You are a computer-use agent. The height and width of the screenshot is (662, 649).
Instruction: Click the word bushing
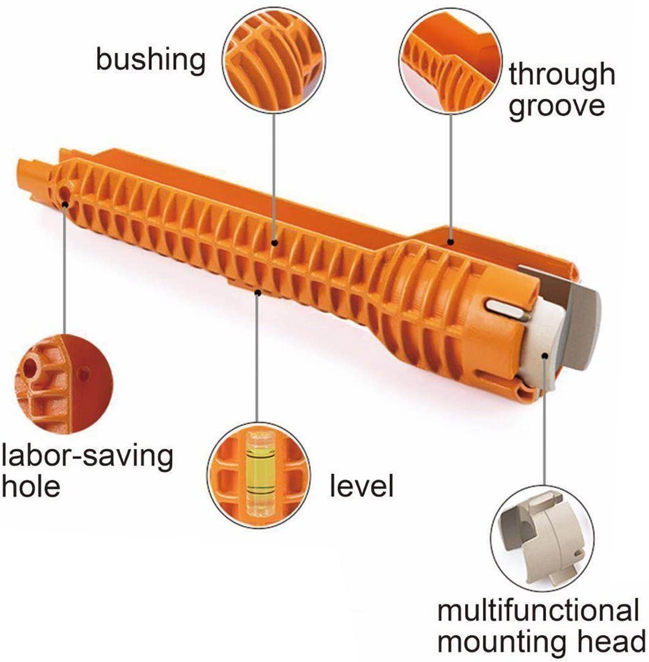coord(151,61)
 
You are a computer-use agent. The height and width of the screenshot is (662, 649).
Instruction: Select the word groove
coord(557,107)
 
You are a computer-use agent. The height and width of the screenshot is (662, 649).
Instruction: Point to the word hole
coord(31,486)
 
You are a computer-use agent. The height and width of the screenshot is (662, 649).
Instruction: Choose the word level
coord(361,485)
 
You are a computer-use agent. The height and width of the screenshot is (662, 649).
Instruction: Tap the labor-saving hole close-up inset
coord(64,384)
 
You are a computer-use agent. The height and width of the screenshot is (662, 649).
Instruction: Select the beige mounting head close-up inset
coord(542,539)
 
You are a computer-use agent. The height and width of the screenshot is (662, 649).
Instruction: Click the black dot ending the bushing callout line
coord(274,243)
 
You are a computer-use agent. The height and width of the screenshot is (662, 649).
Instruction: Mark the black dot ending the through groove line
coord(451,242)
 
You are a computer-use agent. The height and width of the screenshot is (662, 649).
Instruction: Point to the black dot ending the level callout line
coord(258,292)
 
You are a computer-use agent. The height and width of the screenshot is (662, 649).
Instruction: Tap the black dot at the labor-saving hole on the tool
coord(65,205)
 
